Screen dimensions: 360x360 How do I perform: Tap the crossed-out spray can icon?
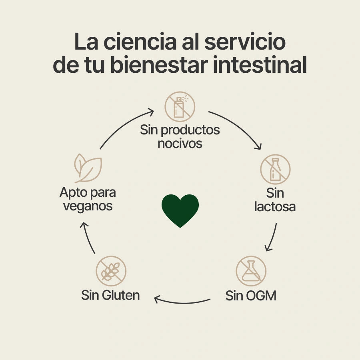[180, 106]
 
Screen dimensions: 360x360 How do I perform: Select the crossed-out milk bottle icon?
[275, 169]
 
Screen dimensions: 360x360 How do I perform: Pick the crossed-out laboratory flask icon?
[251, 271]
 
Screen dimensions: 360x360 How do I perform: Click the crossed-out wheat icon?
[111, 271]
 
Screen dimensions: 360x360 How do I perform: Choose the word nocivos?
[180, 143]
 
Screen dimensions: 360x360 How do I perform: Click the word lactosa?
[275, 207]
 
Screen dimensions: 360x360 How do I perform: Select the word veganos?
[88, 206]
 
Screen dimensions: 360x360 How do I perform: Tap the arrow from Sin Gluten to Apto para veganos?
[88, 238]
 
